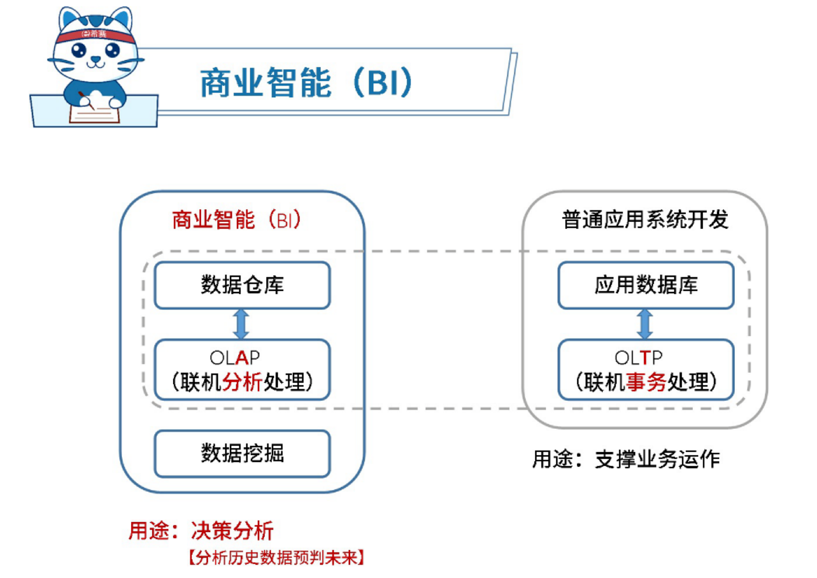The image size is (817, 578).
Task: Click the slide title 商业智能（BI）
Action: click(306, 83)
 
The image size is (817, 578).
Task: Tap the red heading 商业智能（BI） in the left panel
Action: click(236, 220)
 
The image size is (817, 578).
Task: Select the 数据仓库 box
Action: click(242, 285)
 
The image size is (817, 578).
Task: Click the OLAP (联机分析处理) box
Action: click(242, 369)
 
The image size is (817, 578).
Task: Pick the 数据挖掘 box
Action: click(242, 453)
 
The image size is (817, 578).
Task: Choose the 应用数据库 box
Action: click(646, 285)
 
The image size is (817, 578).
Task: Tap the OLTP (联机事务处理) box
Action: click(646, 369)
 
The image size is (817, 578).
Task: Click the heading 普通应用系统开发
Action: click(645, 220)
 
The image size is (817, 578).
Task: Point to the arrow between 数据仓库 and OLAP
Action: click(241, 324)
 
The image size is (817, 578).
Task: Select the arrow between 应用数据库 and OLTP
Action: click(645, 324)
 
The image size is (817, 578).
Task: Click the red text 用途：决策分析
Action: click(201, 531)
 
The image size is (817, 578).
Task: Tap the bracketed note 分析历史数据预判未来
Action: click(277, 558)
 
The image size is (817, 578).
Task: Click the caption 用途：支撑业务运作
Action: click(626, 459)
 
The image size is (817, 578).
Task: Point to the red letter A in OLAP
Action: click(242, 357)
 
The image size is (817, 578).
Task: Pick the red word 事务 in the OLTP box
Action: click(646, 382)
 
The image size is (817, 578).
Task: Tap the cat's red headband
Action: click(95, 36)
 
